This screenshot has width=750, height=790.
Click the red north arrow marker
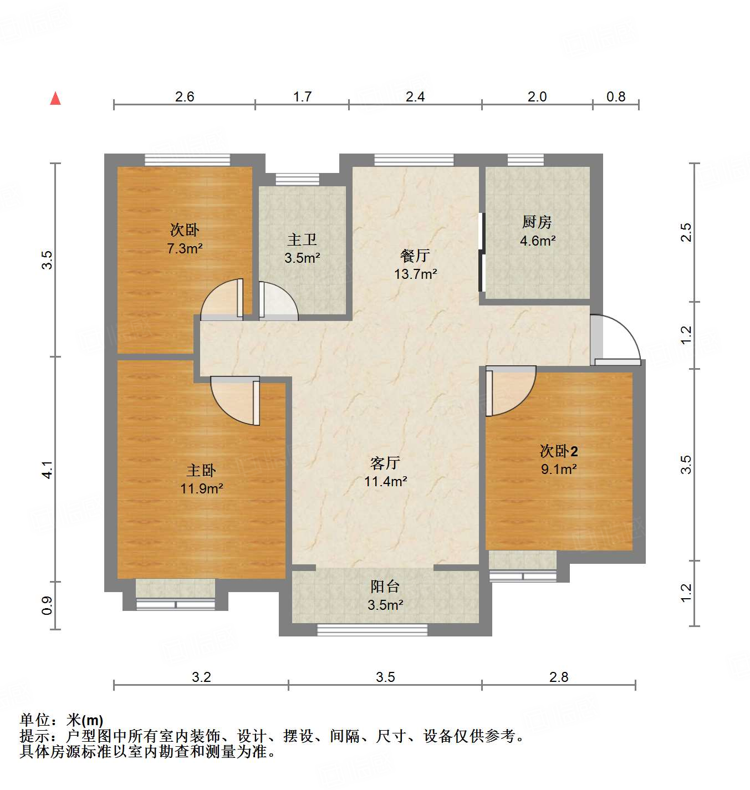(x=55, y=98)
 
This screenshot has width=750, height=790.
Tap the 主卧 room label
(x=201, y=471)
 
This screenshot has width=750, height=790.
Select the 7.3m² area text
(x=185, y=248)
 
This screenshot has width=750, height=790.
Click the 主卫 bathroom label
(x=302, y=239)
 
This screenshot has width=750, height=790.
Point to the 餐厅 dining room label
(x=415, y=256)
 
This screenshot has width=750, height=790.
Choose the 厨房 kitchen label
(x=537, y=222)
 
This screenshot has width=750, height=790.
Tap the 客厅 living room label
(x=385, y=463)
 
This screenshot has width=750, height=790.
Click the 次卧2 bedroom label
(x=559, y=451)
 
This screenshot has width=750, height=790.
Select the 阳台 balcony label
(x=385, y=587)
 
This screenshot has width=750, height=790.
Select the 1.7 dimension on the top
(x=302, y=97)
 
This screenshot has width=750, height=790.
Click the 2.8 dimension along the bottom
(x=559, y=677)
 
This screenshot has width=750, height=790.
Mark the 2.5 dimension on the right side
(x=686, y=232)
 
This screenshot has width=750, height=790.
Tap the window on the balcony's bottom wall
(x=372, y=629)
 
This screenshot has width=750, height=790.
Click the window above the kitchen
(x=525, y=160)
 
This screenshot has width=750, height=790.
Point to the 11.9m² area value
(x=201, y=488)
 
